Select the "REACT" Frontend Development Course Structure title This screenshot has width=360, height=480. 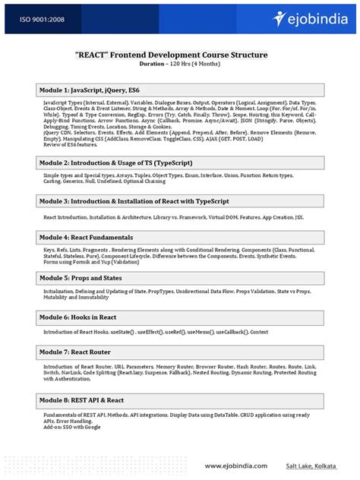click(179, 55)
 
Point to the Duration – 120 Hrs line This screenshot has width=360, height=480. click(179, 65)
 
